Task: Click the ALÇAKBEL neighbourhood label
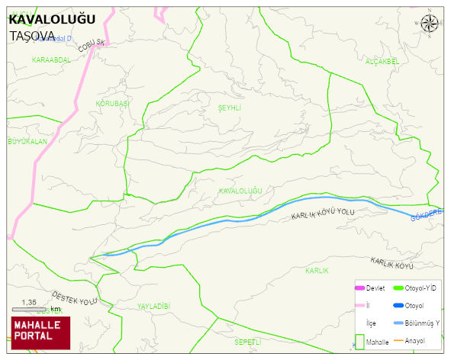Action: click(x=382, y=62)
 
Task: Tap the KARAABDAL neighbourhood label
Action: click(x=51, y=59)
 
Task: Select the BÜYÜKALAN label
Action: click(x=27, y=142)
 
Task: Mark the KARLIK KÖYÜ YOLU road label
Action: click(x=324, y=215)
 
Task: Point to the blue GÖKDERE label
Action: click(x=427, y=215)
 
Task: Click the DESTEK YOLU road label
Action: click(x=75, y=297)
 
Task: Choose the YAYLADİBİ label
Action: click(x=153, y=306)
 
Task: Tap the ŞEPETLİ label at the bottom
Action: click(x=248, y=341)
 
